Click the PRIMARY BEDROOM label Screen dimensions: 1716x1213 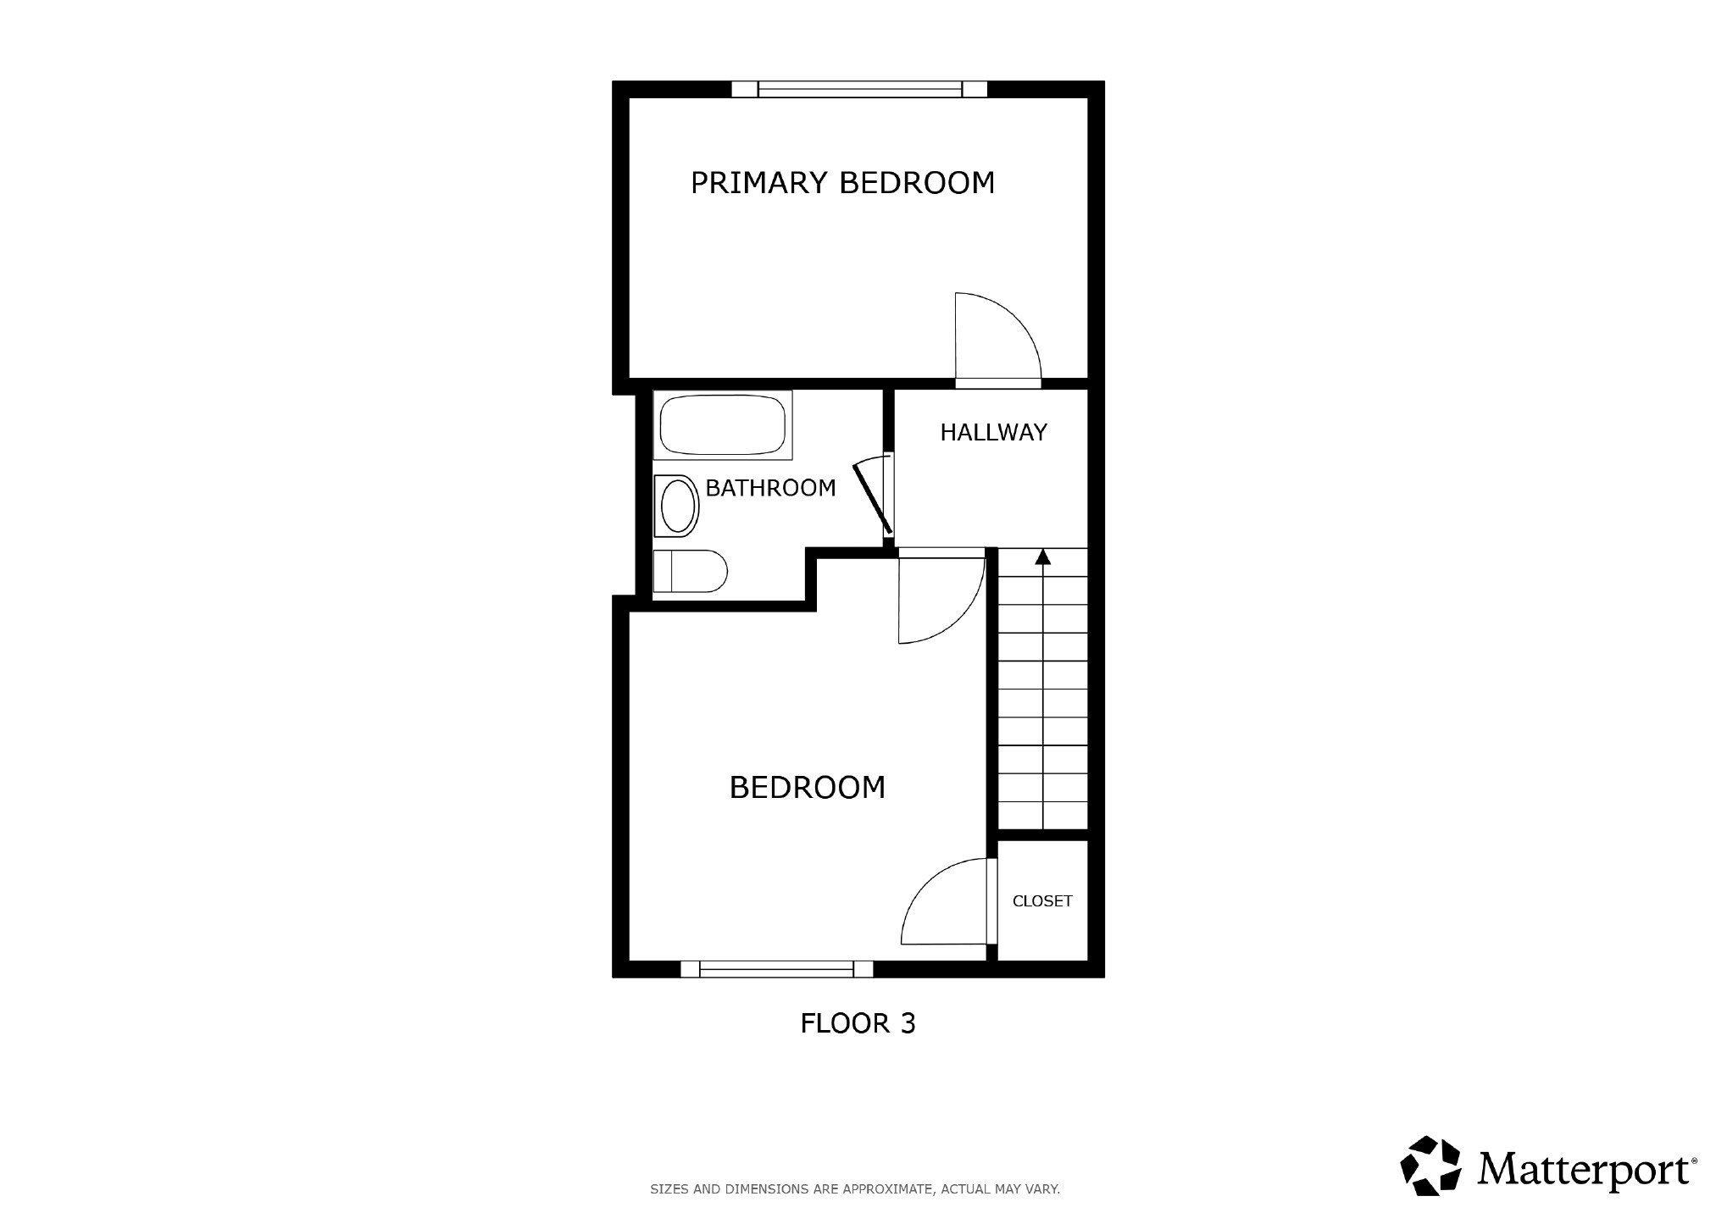pyautogui.click(x=842, y=182)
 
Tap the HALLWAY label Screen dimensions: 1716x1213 pyautogui.click(x=993, y=432)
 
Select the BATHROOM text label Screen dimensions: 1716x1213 pyautogui.click(x=770, y=488)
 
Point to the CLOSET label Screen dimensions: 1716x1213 pyautogui.click(x=1042, y=901)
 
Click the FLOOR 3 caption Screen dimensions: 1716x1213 pyautogui.click(x=858, y=1023)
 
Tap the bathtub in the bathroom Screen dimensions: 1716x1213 pyautogui.click(x=723, y=425)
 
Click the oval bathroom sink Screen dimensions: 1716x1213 pyautogui.click(x=677, y=506)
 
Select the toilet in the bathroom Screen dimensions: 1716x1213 pyautogui.click(x=691, y=571)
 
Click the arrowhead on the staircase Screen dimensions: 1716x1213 pyautogui.click(x=1043, y=557)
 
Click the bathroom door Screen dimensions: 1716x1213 pyautogui.click(x=873, y=496)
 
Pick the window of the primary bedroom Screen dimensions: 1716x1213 pyautogui.click(x=859, y=89)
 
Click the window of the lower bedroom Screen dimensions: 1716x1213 pyautogui.click(x=777, y=969)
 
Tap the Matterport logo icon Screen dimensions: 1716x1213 pyautogui.click(x=1432, y=1166)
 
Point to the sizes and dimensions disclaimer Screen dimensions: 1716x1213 pyautogui.click(x=855, y=1189)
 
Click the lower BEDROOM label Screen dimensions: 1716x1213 pyautogui.click(x=808, y=788)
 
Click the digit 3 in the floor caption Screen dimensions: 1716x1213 pyautogui.click(x=908, y=1023)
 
